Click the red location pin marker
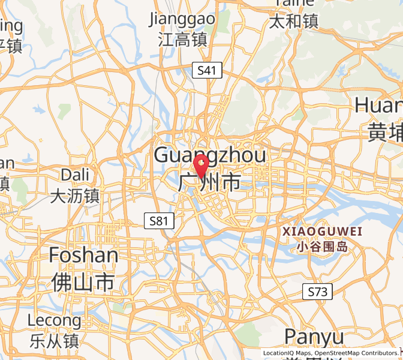click(200, 164)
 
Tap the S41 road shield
click(207, 71)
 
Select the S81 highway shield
click(159, 221)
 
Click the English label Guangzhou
click(210, 155)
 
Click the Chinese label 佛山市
click(83, 281)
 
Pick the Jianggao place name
click(182, 19)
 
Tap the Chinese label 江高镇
click(182, 40)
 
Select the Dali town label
click(75, 175)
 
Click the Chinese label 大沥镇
click(75, 196)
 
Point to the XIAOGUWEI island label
click(322, 231)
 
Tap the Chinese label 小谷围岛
click(322, 245)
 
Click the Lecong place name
click(54, 321)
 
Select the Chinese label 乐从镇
click(54, 341)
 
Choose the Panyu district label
click(314, 336)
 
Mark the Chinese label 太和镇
click(294, 22)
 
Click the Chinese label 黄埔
click(384, 132)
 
